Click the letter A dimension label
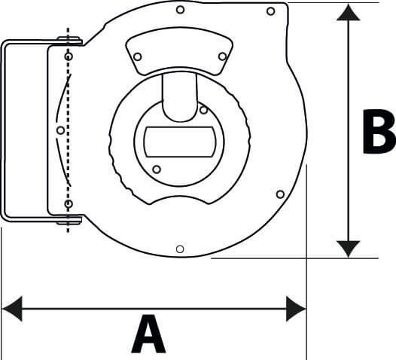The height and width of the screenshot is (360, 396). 148,335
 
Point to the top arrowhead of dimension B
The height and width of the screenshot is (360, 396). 348,14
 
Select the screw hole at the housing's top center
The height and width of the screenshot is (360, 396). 179,11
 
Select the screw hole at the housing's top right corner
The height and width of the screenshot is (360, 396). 270,11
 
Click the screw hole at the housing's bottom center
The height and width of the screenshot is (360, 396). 179,249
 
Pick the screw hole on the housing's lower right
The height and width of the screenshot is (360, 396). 280,194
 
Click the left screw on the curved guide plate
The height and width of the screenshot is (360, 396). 137,56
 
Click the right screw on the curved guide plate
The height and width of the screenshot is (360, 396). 222,56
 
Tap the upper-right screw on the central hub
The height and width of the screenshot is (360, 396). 203,110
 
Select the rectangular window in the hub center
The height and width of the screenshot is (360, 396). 179,140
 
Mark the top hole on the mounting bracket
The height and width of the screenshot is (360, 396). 69,57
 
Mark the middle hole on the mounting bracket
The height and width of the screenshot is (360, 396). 60,130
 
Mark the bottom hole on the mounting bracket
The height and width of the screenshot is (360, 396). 69,204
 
